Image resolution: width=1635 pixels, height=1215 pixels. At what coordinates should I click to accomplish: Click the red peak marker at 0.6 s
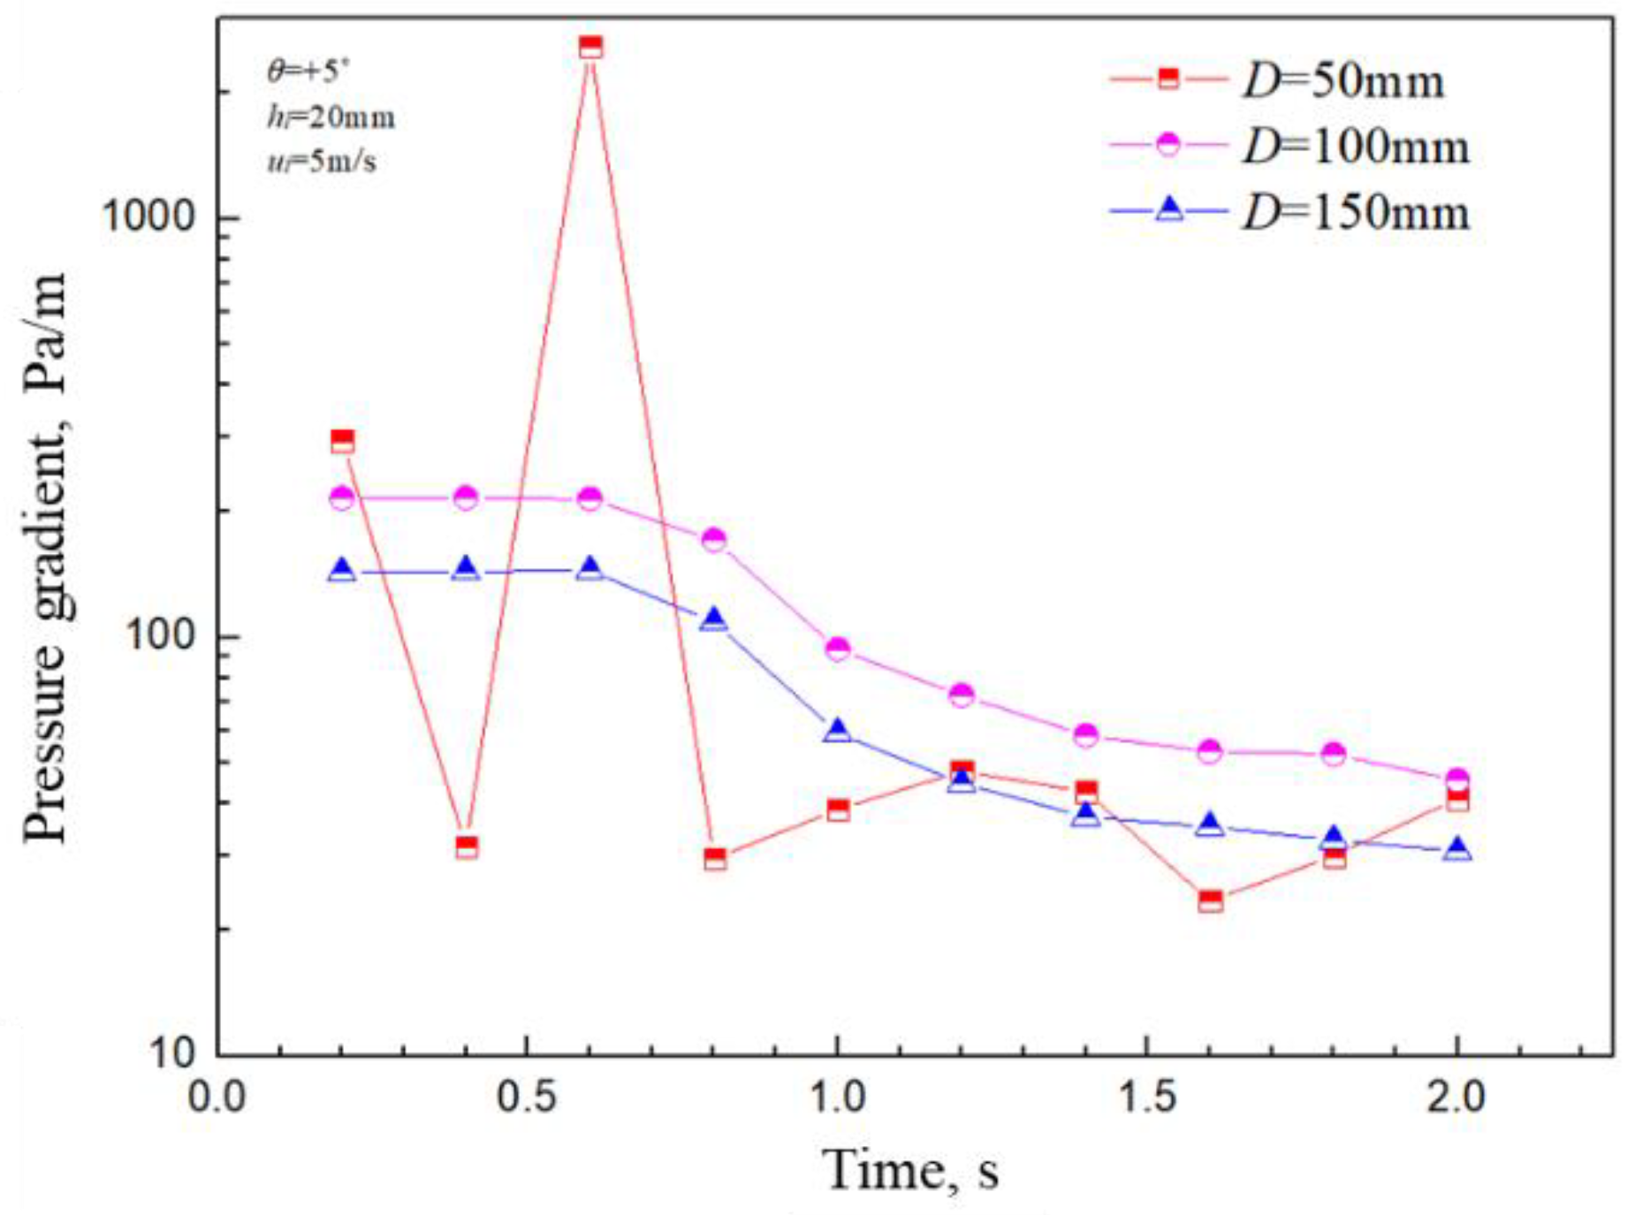(x=590, y=46)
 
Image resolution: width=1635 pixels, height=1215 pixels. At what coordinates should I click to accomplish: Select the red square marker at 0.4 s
(x=467, y=847)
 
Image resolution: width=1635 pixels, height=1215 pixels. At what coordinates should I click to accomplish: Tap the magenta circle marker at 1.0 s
(x=838, y=649)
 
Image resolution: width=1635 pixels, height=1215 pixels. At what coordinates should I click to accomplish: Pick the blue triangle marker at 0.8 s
(x=714, y=620)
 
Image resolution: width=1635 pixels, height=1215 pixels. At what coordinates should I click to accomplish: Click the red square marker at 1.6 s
(x=1211, y=901)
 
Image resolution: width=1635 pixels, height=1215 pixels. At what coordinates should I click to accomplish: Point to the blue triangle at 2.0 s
(x=1458, y=850)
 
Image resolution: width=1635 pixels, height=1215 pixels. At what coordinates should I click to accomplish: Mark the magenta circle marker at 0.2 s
(x=342, y=498)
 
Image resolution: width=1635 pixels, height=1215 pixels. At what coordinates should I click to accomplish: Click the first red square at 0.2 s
(x=342, y=441)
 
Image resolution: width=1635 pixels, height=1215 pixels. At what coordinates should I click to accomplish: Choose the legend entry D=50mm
(x=1342, y=80)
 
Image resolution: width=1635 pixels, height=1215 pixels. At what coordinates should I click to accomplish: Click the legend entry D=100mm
(x=1355, y=146)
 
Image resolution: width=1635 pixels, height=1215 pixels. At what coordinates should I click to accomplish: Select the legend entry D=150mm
(x=1355, y=212)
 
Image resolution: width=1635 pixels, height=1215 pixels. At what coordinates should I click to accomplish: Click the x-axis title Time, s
(x=910, y=1170)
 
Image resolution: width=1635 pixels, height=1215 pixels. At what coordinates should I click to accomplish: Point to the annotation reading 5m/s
(x=322, y=162)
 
